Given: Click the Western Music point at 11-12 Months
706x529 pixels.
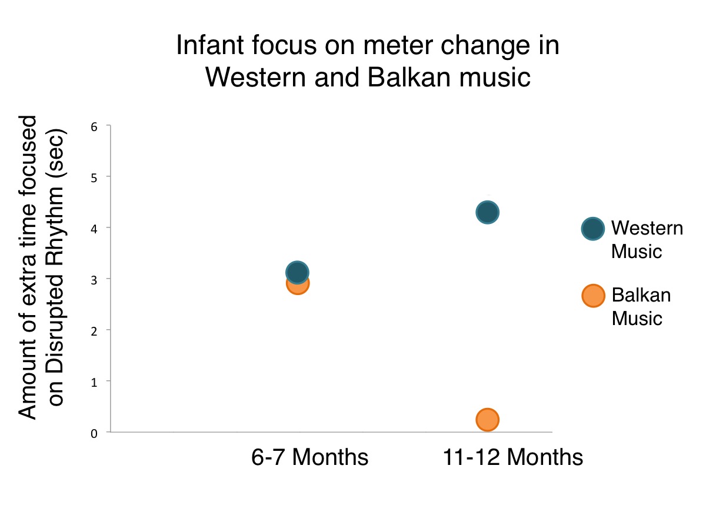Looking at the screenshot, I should (x=487, y=212).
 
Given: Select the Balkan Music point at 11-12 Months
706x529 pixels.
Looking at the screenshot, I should (x=487, y=419).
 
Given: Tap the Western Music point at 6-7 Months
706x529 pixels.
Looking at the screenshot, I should (x=297, y=272).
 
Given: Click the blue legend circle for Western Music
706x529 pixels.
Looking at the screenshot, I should (x=592, y=229).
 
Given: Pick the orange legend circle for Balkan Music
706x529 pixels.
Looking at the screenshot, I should (x=592, y=296).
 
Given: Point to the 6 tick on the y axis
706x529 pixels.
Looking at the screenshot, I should (x=92, y=126).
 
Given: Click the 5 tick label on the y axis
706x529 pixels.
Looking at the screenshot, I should (x=92, y=177).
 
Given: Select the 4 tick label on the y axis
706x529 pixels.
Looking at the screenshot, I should (x=92, y=228).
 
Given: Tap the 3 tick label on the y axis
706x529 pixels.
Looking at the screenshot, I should (x=92, y=279).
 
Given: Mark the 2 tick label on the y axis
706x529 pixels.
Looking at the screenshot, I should (x=92, y=330).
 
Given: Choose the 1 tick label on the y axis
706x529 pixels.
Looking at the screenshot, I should (x=92, y=381).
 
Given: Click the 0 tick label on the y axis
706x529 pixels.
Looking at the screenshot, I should (x=92, y=433).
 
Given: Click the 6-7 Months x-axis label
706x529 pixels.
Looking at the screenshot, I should (x=309, y=457).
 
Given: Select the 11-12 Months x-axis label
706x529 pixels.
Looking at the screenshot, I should (x=512, y=457).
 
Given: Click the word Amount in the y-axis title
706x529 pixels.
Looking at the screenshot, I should (x=28, y=385).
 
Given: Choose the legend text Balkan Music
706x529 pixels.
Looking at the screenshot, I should (x=641, y=306).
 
